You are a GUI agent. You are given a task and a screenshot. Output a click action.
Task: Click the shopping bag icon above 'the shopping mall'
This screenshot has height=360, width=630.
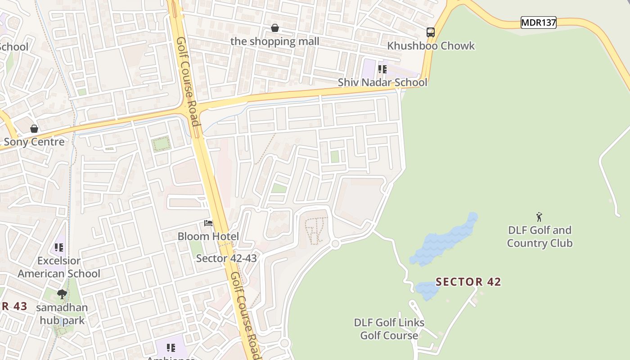pos(275,28)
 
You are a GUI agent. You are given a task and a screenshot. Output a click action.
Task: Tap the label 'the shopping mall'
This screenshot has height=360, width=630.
pos(274,41)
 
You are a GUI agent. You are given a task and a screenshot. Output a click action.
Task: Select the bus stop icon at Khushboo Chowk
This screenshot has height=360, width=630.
pos(431,32)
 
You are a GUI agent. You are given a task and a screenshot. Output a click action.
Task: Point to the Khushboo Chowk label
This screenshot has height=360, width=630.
pos(431,46)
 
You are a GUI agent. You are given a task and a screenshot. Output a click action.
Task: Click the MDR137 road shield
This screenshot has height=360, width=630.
pos(538,22)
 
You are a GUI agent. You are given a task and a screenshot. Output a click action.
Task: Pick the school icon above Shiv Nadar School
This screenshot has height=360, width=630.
pos(382,69)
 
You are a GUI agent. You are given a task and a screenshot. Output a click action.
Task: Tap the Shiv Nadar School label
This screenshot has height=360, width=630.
pos(382,82)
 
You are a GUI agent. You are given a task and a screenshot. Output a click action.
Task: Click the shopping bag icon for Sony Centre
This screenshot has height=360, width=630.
pos(34,129)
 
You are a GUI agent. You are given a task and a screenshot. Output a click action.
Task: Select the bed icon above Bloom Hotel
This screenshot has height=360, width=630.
pos(208,223)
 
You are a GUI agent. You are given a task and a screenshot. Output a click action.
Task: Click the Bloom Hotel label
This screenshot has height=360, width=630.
pos(208,236)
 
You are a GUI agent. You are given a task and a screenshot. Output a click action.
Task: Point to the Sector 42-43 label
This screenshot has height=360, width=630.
pos(226,258)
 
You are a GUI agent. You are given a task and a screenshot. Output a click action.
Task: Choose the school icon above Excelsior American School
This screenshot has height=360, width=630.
pos(59,247)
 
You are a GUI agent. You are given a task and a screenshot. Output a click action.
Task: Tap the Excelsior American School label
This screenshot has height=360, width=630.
pos(59,267)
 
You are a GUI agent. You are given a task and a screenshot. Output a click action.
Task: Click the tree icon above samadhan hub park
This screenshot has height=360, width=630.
pos(62,294)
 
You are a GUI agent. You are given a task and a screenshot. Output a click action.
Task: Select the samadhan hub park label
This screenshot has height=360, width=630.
pos(62,314)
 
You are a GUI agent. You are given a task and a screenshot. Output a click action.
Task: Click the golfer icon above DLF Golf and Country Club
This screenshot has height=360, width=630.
pos(539,217)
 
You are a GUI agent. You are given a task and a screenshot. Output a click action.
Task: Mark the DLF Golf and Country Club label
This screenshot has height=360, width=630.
pos(540,237)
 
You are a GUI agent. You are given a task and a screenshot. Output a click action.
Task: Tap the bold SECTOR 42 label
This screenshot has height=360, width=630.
pos(468,282)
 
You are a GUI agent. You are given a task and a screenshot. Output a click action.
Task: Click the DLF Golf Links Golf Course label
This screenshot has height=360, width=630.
pos(389,329)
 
